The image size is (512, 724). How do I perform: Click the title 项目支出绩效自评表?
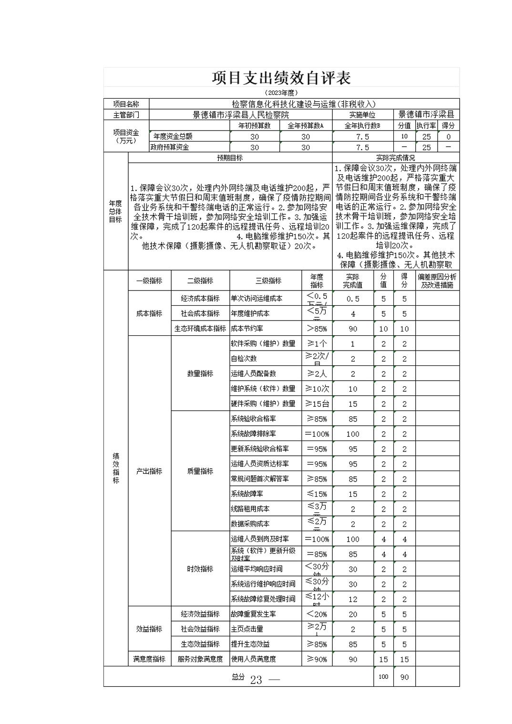click(x=281, y=78)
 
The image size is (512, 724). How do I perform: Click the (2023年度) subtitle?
click(x=281, y=92)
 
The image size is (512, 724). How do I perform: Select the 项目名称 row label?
click(x=126, y=104)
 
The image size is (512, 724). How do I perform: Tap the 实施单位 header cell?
click(x=362, y=115)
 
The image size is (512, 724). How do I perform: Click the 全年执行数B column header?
click(x=362, y=126)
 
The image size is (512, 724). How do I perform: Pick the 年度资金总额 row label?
click(x=173, y=137)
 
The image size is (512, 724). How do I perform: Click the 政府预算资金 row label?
click(x=170, y=148)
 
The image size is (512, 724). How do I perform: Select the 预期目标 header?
click(x=230, y=158)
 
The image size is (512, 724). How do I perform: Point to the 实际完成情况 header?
click(x=396, y=158)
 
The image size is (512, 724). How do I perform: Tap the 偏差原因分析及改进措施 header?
click(x=437, y=281)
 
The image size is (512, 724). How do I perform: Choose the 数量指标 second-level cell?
click(x=200, y=374)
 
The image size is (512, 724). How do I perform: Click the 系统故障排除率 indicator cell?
click(x=253, y=434)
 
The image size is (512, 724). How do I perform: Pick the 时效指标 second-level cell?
click(x=200, y=569)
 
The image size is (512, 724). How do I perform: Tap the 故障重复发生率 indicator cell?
click(x=253, y=614)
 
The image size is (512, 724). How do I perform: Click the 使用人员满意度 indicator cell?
click(x=253, y=659)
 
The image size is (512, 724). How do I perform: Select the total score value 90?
click(x=404, y=677)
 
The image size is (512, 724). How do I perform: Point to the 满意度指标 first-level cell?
click(x=149, y=659)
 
